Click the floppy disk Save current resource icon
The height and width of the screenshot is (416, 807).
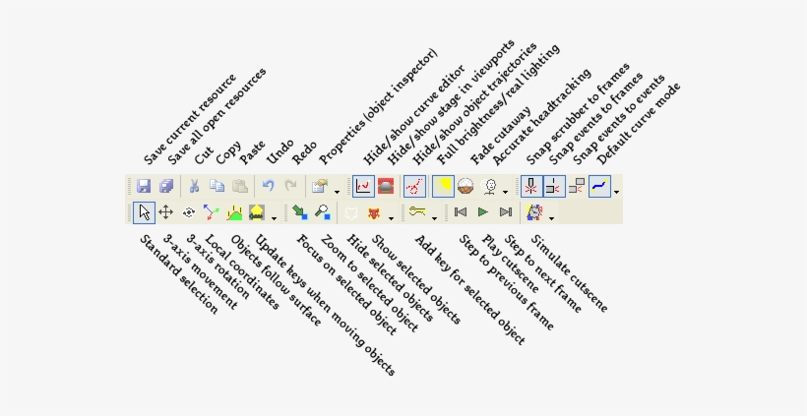[144, 186]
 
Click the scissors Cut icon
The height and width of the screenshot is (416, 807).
[195, 186]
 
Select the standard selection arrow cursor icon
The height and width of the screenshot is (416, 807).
[144, 211]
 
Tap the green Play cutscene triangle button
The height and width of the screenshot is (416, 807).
[483, 211]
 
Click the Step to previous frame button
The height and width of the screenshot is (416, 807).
[461, 211]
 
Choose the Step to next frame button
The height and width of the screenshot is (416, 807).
[506, 211]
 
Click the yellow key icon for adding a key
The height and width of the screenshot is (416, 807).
[418, 211]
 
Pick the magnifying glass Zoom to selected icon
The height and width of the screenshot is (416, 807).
[322, 211]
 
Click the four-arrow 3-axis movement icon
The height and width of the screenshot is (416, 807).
[165, 211]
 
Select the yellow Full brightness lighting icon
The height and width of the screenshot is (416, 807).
[443, 186]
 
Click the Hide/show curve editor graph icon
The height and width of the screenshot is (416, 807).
[363, 186]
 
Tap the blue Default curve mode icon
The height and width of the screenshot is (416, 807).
[599, 186]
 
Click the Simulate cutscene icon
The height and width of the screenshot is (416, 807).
[534, 211]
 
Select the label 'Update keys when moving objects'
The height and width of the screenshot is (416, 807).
[325, 305]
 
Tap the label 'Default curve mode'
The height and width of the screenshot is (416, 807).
[639, 122]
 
